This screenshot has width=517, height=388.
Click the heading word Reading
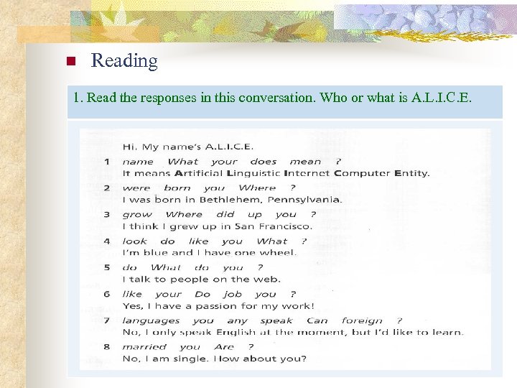[124, 61]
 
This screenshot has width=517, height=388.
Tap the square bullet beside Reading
[70, 62]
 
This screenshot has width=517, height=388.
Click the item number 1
[106, 162]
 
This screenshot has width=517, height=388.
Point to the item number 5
[106, 267]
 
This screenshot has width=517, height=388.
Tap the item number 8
[106, 347]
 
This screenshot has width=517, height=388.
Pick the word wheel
[276, 253]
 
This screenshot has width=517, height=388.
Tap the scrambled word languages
[151, 320]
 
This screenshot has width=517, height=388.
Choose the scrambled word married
[144, 347]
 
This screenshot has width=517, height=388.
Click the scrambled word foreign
[363, 320]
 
